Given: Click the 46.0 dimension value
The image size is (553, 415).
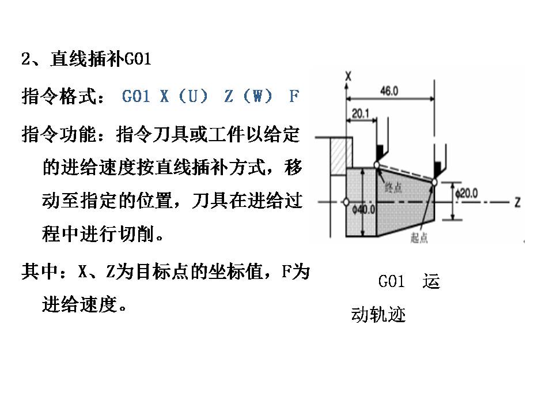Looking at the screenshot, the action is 391,91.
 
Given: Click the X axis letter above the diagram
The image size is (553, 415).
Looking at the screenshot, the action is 349,76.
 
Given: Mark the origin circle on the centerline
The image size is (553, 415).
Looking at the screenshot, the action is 345,202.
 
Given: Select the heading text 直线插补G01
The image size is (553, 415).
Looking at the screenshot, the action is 100,60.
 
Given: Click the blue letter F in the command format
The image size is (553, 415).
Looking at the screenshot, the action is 294,96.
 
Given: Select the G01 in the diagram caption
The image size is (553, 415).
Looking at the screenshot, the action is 392,282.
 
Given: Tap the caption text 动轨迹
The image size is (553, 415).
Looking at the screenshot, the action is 378,315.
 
